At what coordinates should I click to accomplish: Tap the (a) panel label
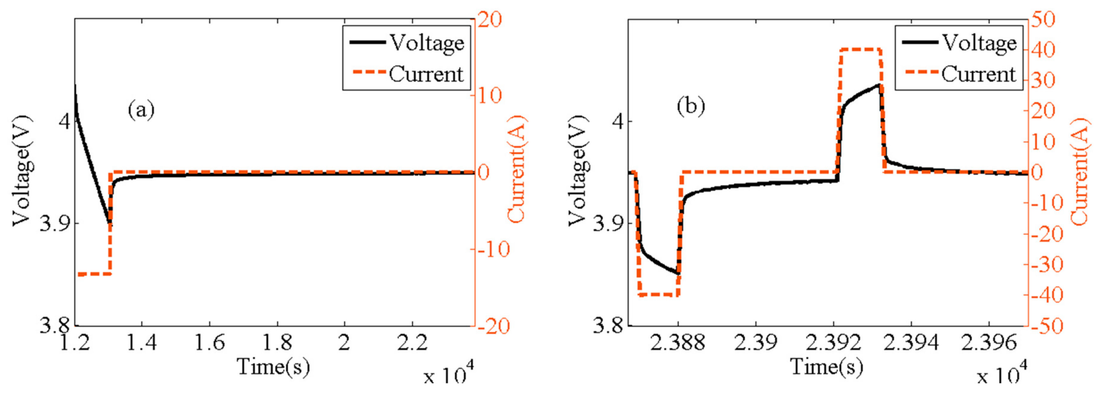click(x=141, y=110)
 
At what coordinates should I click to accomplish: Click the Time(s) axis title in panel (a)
click(x=273, y=367)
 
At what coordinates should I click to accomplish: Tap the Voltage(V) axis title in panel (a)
click(x=21, y=171)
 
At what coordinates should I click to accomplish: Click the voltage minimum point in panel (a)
click(x=110, y=222)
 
